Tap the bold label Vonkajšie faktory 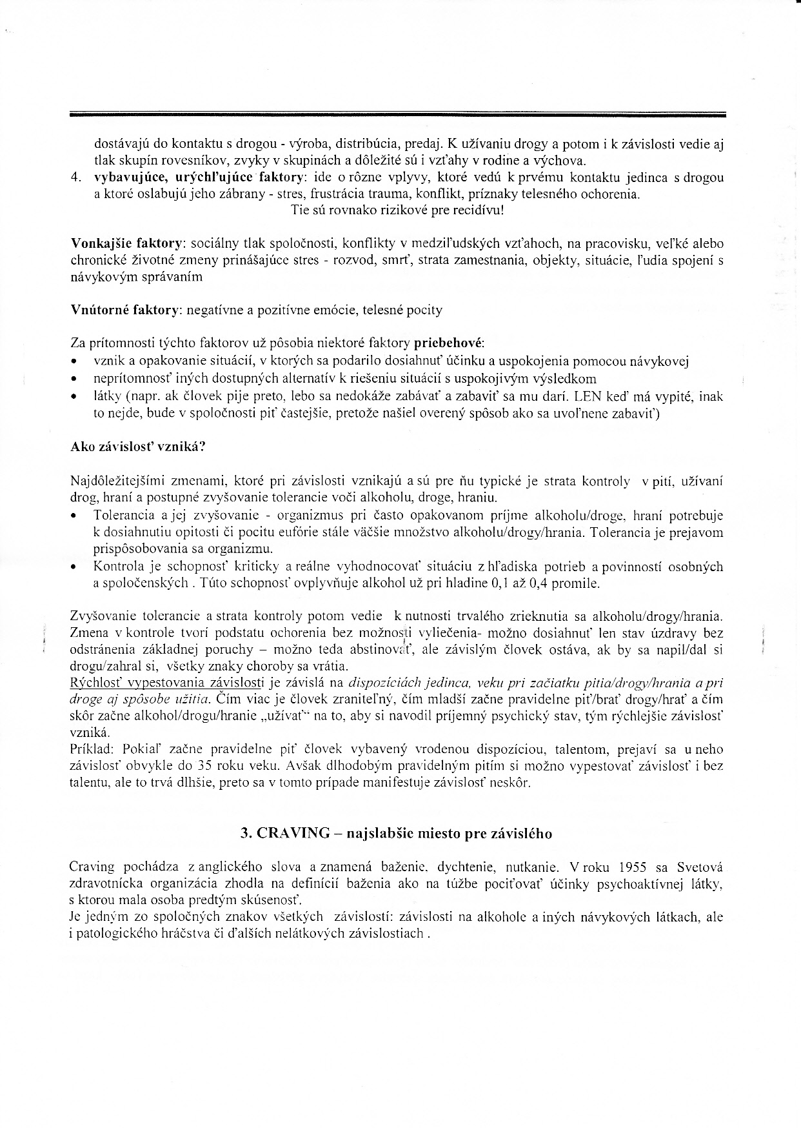[x=127, y=244]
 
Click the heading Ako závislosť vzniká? [x=137, y=447]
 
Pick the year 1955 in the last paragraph [x=633, y=867]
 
